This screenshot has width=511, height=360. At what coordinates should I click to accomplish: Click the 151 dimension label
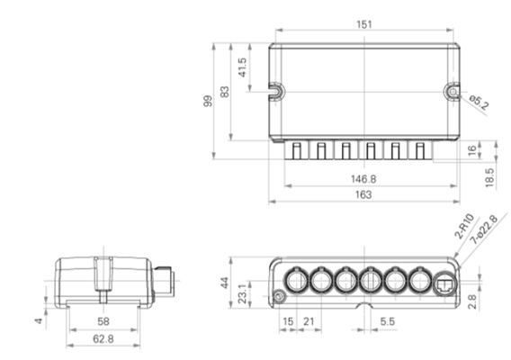(364, 24)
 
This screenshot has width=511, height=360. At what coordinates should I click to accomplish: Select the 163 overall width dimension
(363, 194)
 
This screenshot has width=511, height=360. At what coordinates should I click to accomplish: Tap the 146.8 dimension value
(363, 179)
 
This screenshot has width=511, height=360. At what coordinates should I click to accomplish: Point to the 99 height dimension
(208, 101)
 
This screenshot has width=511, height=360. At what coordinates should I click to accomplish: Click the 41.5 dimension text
(243, 67)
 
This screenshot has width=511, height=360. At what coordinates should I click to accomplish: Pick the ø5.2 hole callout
(479, 102)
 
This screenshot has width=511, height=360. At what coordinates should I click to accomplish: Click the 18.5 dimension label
(489, 177)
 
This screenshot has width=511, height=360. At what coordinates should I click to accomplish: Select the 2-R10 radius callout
(464, 226)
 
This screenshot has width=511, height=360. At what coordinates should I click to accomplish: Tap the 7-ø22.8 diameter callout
(484, 229)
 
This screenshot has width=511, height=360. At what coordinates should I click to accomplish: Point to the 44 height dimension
(225, 283)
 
